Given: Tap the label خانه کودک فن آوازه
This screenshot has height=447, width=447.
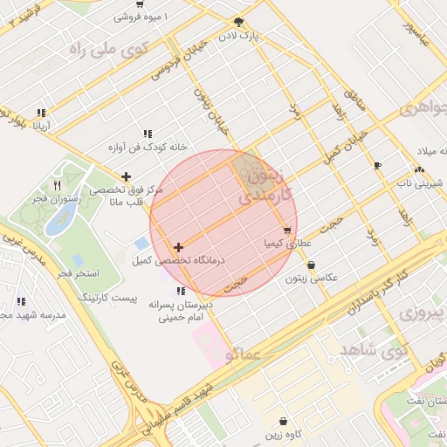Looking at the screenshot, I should pos(148,148).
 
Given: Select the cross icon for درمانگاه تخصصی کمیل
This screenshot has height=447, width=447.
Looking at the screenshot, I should pos(179,248).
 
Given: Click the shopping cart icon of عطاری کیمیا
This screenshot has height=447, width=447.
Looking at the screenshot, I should pos(287,231).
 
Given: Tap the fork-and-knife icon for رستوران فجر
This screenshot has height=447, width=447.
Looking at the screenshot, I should pos(58,185).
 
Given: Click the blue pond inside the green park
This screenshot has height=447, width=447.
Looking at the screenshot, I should pos(58,222).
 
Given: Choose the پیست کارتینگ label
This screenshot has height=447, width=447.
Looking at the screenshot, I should pos(107,298).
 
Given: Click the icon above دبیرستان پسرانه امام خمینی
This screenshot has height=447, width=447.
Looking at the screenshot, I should pos(181,291).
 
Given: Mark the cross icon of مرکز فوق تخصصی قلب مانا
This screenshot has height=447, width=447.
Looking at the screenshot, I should pos(127,177).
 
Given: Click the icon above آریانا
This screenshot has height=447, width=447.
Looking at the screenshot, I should pos(41,112).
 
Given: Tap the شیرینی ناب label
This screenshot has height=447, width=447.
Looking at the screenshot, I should pos(421,183).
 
